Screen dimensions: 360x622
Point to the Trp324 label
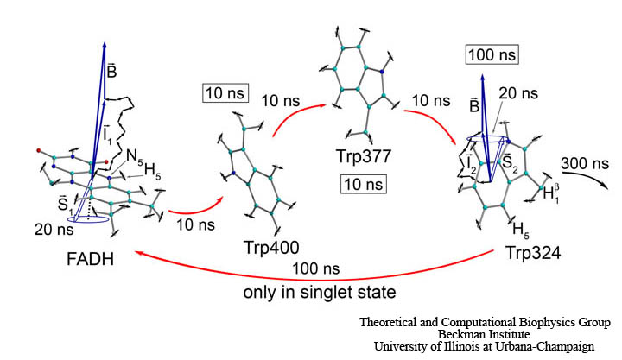pyautogui.click(x=534, y=253)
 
